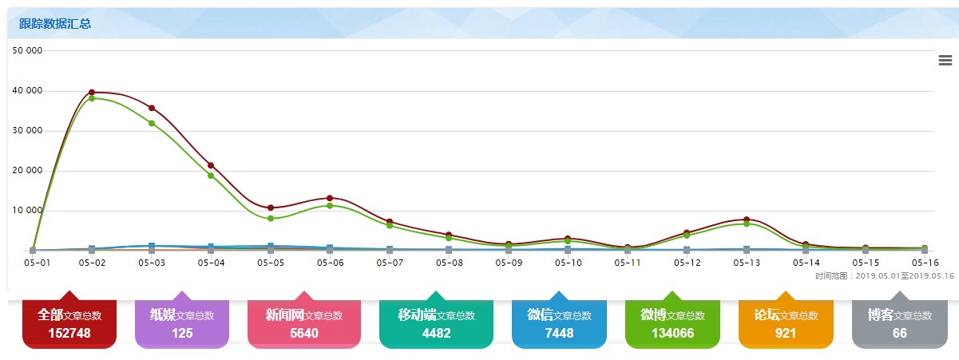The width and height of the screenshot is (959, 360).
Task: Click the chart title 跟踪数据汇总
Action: [x=55, y=24]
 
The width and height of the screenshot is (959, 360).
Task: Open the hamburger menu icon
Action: [x=945, y=61]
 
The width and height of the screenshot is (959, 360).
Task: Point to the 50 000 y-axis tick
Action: [x=30, y=50]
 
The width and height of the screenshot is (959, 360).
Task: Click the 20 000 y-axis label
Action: [x=30, y=171]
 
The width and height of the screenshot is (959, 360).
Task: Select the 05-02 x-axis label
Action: [x=92, y=262]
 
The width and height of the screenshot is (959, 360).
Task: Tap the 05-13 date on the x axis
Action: [x=747, y=262]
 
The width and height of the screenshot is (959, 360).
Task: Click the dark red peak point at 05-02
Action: [x=92, y=93]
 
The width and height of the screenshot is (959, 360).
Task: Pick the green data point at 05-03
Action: [x=151, y=123]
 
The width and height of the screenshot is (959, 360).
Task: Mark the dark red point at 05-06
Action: [x=330, y=198]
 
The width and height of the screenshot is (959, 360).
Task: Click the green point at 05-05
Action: [x=271, y=218]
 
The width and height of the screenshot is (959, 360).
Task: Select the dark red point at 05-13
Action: [x=747, y=219]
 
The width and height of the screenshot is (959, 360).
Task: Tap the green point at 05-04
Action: [x=211, y=176]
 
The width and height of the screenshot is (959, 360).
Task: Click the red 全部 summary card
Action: [x=69, y=323]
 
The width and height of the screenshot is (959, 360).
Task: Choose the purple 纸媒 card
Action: [x=182, y=323]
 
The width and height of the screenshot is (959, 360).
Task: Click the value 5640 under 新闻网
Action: [x=304, y=333]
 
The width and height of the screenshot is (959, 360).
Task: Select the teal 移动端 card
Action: [x=435, y=323]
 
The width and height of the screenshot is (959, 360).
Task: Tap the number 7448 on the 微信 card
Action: [x=558, y=333]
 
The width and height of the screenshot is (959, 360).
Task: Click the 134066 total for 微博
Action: [x=672, y=333]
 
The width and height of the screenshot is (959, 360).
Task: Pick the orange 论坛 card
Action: [x=786, y=323]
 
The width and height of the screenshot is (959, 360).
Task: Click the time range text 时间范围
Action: [x=885, y=276]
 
